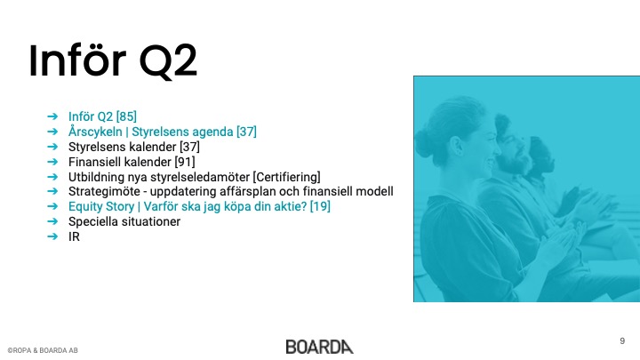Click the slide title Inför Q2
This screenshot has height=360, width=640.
113,60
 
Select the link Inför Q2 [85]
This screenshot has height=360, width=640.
102,116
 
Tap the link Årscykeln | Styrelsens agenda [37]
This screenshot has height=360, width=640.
163,132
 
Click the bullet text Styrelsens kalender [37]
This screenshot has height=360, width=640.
134,147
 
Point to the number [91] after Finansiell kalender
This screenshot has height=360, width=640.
185,162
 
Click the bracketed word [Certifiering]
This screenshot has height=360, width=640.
286,177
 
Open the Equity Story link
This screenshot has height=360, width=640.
199,206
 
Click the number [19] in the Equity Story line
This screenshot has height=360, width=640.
320,206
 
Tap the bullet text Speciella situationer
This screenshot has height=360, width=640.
124,221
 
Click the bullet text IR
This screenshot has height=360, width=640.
74,236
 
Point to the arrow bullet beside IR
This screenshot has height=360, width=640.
52,236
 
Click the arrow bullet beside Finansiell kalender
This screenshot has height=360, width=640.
52,162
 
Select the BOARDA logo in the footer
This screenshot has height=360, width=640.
320,347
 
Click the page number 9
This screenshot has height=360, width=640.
622,340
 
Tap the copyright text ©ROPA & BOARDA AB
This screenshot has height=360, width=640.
43,350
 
